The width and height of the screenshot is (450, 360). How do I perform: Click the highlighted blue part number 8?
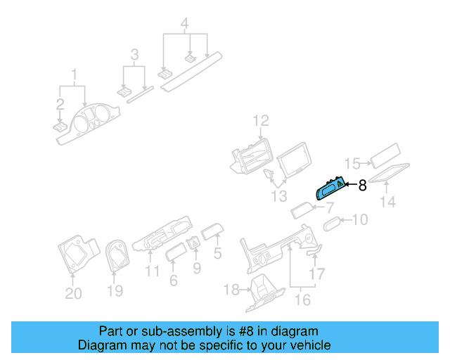pos(330,188)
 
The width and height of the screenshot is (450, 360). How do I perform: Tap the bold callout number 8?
pos(363,186)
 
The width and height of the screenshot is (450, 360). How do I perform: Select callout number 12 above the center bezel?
pos(261,121)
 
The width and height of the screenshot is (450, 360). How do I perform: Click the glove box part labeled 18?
pos(265,292)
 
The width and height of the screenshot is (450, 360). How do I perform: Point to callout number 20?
pos(73,293)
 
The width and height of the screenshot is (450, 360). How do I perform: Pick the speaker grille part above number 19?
pos(117,255)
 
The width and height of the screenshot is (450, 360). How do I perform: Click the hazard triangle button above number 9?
pos(194,243)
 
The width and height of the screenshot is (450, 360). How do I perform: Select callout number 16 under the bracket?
pos(302,300)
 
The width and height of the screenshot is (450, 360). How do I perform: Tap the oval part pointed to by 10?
pos(333,224)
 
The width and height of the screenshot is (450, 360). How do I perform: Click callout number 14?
pos(387,202)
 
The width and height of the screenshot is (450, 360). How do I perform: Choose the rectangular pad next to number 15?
pos(385,155)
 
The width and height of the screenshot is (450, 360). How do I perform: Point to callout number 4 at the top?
pos(184,23)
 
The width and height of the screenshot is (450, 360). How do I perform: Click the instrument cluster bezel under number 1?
pos(87,124)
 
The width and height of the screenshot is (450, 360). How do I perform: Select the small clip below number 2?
pos(60,127)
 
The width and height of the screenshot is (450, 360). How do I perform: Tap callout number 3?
pos(134,54)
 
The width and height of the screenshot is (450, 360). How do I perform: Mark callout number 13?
pos(279,196)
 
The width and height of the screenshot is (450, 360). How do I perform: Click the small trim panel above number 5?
pos(212,231)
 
